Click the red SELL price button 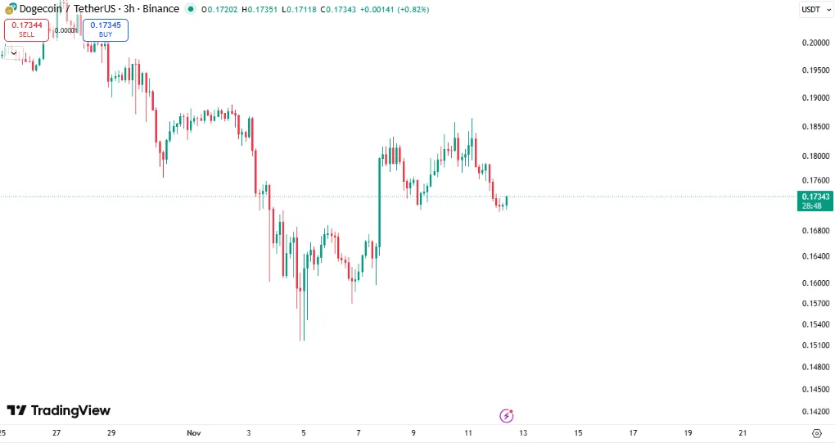tap(27, 29)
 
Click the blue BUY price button tap(105, 29)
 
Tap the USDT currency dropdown tap(811, 9)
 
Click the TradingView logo tap(59, 410)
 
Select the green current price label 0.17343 tap(816, 197)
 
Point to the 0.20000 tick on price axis tap(816, 43)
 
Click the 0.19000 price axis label tap(816, 98)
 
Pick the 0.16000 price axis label tap(816, 283)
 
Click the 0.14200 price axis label tap(816, 412)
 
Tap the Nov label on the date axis tap(194, 432)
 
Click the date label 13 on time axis tap(523, 432)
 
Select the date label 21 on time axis tap(742, 432)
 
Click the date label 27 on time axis tap(56, 432)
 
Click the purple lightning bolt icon tap(506, 416)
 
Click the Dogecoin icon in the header tap(10, 9)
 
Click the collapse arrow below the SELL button tap(14, 52)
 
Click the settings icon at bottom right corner tap(816, 432)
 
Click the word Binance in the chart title tap(160, 9)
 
